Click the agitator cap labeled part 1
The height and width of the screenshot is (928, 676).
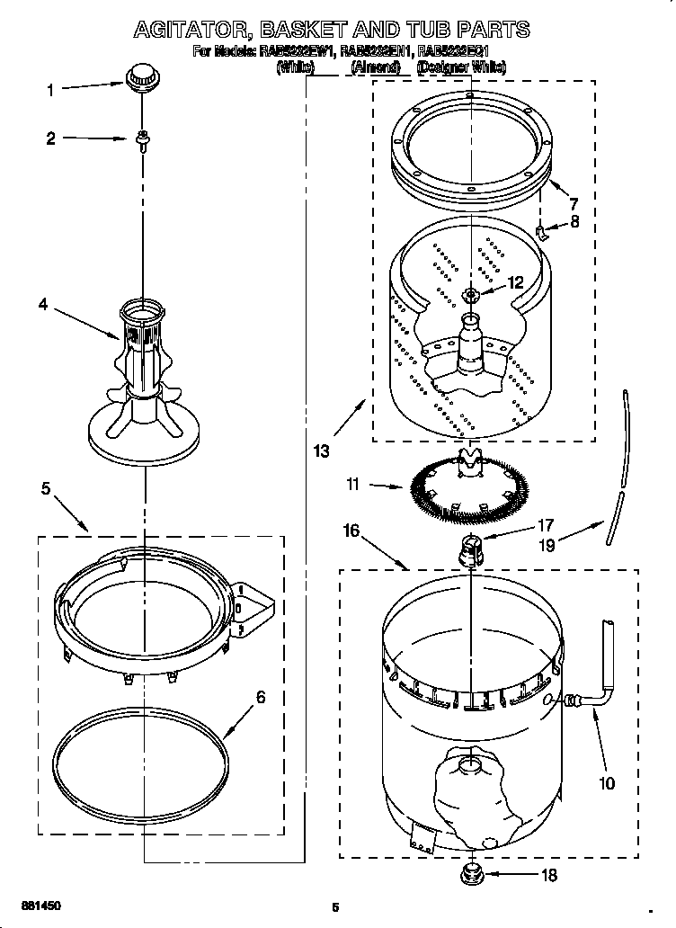click(139, 78)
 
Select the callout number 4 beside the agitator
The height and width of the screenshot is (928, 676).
click(42, 305)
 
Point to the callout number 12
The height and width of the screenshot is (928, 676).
click(514, 282)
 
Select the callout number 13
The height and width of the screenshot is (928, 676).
click(321, 451)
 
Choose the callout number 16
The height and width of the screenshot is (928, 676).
click(351, 531)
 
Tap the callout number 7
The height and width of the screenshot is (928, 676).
click(573, 204)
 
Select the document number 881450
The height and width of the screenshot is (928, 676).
click(41, 905)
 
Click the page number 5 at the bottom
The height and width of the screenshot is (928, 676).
click(334, 906)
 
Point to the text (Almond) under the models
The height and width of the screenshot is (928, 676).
click(376, 67)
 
